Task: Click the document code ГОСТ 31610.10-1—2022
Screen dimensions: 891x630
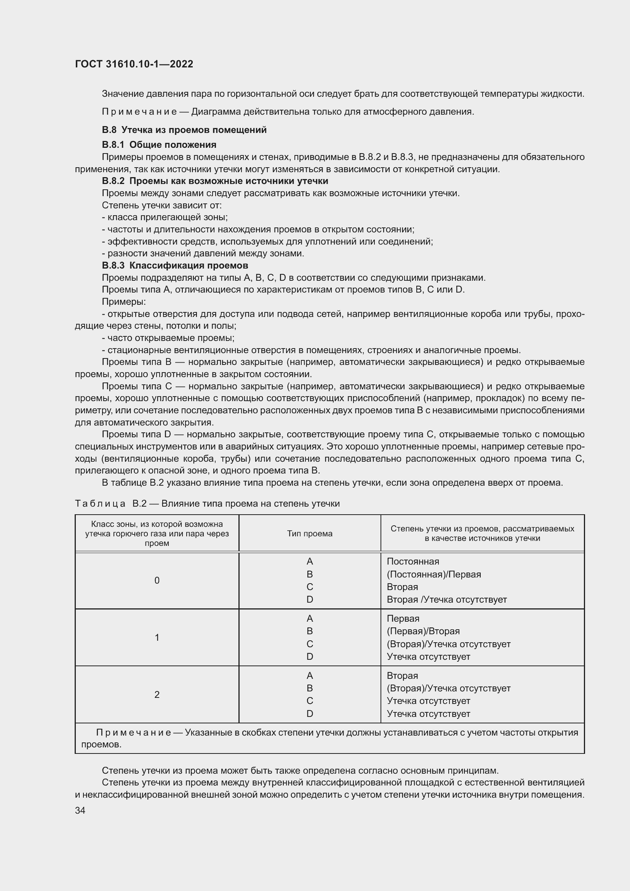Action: [x=134, y=64]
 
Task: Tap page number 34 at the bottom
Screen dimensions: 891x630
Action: [x=80, y=810]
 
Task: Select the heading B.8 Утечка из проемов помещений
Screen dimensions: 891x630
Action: [x=184, y=130]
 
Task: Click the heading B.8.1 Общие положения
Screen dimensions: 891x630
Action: [x=159, y=145]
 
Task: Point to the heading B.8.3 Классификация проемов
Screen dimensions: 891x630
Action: [x=175, y=266]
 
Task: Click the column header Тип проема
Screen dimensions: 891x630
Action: [x=310, y=534]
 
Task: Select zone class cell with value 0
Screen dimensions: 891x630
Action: [x=157, y=581]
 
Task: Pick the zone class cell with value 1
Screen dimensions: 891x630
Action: [x=157, y=638]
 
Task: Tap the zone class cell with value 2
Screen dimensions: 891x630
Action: [x=157, y=695]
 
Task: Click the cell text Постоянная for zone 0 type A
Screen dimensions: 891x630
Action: [x=413, y=561]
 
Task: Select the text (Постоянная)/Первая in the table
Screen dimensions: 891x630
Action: [x=434, y=574]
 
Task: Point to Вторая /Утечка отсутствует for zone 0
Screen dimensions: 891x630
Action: [x=446, y=600]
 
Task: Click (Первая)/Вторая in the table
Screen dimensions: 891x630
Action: [x=423, y=631]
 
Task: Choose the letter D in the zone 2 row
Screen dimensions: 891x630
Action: [x=310, y=713]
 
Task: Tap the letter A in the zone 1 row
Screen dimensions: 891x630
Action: [x=310, y=619]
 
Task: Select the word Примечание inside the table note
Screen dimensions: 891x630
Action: [x=133, y=733]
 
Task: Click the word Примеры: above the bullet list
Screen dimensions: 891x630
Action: [x=124, y=302]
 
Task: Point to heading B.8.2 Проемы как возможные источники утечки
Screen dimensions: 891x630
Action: [x=215, y=181]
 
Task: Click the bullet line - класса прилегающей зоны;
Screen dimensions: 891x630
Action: [x=165, y=217]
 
